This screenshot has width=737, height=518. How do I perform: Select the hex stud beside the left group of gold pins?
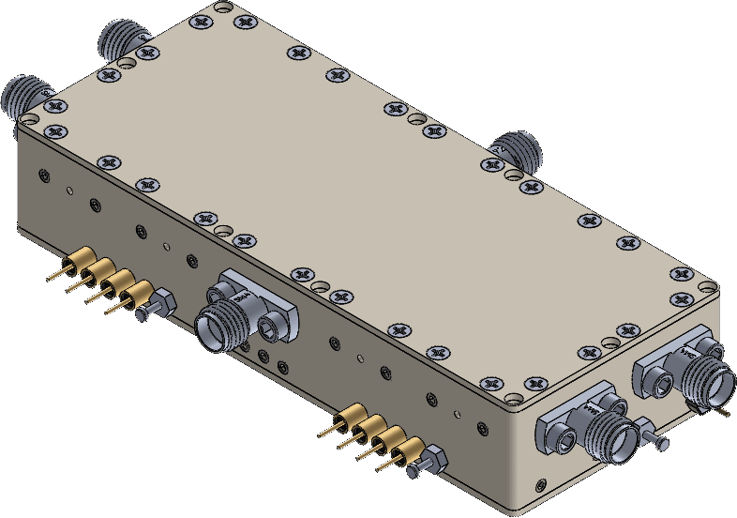(158, 304)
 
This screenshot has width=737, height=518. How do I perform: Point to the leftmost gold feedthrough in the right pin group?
(350, 416)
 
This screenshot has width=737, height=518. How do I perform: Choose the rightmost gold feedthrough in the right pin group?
(408, 450)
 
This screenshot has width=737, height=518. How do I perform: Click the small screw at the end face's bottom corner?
(539, 485)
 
